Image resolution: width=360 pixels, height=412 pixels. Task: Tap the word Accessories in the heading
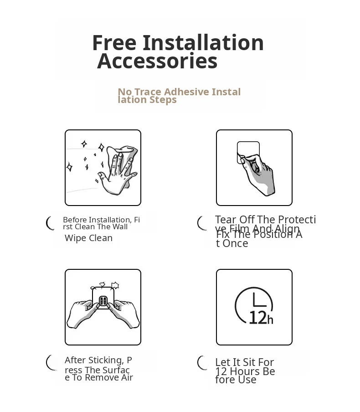(157, 61)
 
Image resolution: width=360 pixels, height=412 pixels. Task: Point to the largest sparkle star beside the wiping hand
(101, 147)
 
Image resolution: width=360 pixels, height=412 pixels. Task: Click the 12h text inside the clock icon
(261, 318)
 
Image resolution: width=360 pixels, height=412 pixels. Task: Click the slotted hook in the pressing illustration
(103, 301)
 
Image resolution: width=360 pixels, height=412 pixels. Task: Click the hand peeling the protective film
(258, 174)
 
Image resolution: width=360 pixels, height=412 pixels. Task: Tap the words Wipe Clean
(88, 238)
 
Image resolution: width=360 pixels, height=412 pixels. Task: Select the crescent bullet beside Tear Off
(201, 223)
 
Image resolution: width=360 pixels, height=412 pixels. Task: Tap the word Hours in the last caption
(245, 371)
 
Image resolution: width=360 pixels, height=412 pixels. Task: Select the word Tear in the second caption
(226, 220)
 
